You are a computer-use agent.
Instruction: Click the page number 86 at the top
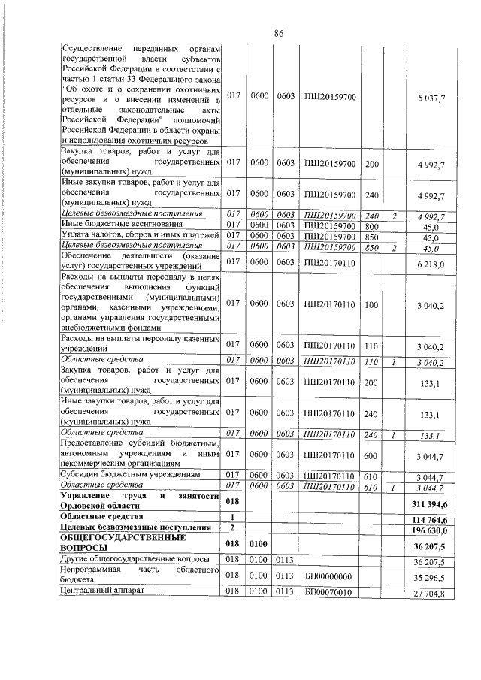[x=278, y=33]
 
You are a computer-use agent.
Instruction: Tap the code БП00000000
[x=329, y=576]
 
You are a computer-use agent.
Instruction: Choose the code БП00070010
[x=329, y=594]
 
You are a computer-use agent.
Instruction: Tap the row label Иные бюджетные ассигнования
[x=110, y=225]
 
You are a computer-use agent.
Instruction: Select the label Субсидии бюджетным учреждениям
[x=130, y=476]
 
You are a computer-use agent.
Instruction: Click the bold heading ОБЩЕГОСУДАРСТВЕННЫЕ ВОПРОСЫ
[x=113, y=545]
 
